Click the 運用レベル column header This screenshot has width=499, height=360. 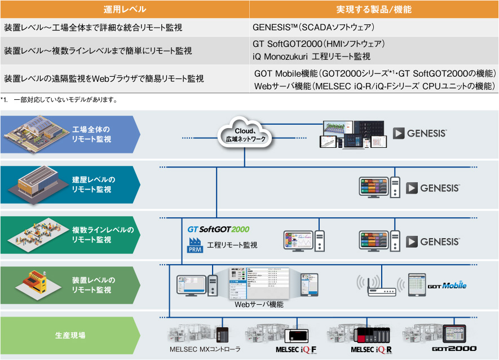coord(125,10)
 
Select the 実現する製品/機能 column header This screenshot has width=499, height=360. coord(374,10)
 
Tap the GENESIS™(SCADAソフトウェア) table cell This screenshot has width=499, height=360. coord(313,27)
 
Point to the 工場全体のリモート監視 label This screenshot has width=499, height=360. coord(91,134)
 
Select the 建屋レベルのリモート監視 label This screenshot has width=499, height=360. coord(93,185)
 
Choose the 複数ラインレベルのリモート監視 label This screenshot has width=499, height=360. coord(103,235)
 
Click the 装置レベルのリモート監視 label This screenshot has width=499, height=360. coord(93,284)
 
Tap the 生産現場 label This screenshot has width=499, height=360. coord(70,335)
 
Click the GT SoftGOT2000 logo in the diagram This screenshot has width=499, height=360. coord(218,230)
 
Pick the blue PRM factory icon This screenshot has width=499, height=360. coord(195,245)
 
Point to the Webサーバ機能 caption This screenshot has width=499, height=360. coord(259,305)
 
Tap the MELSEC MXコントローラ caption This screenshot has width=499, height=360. coord(205,350)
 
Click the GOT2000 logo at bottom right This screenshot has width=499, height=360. coord(454,350)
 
